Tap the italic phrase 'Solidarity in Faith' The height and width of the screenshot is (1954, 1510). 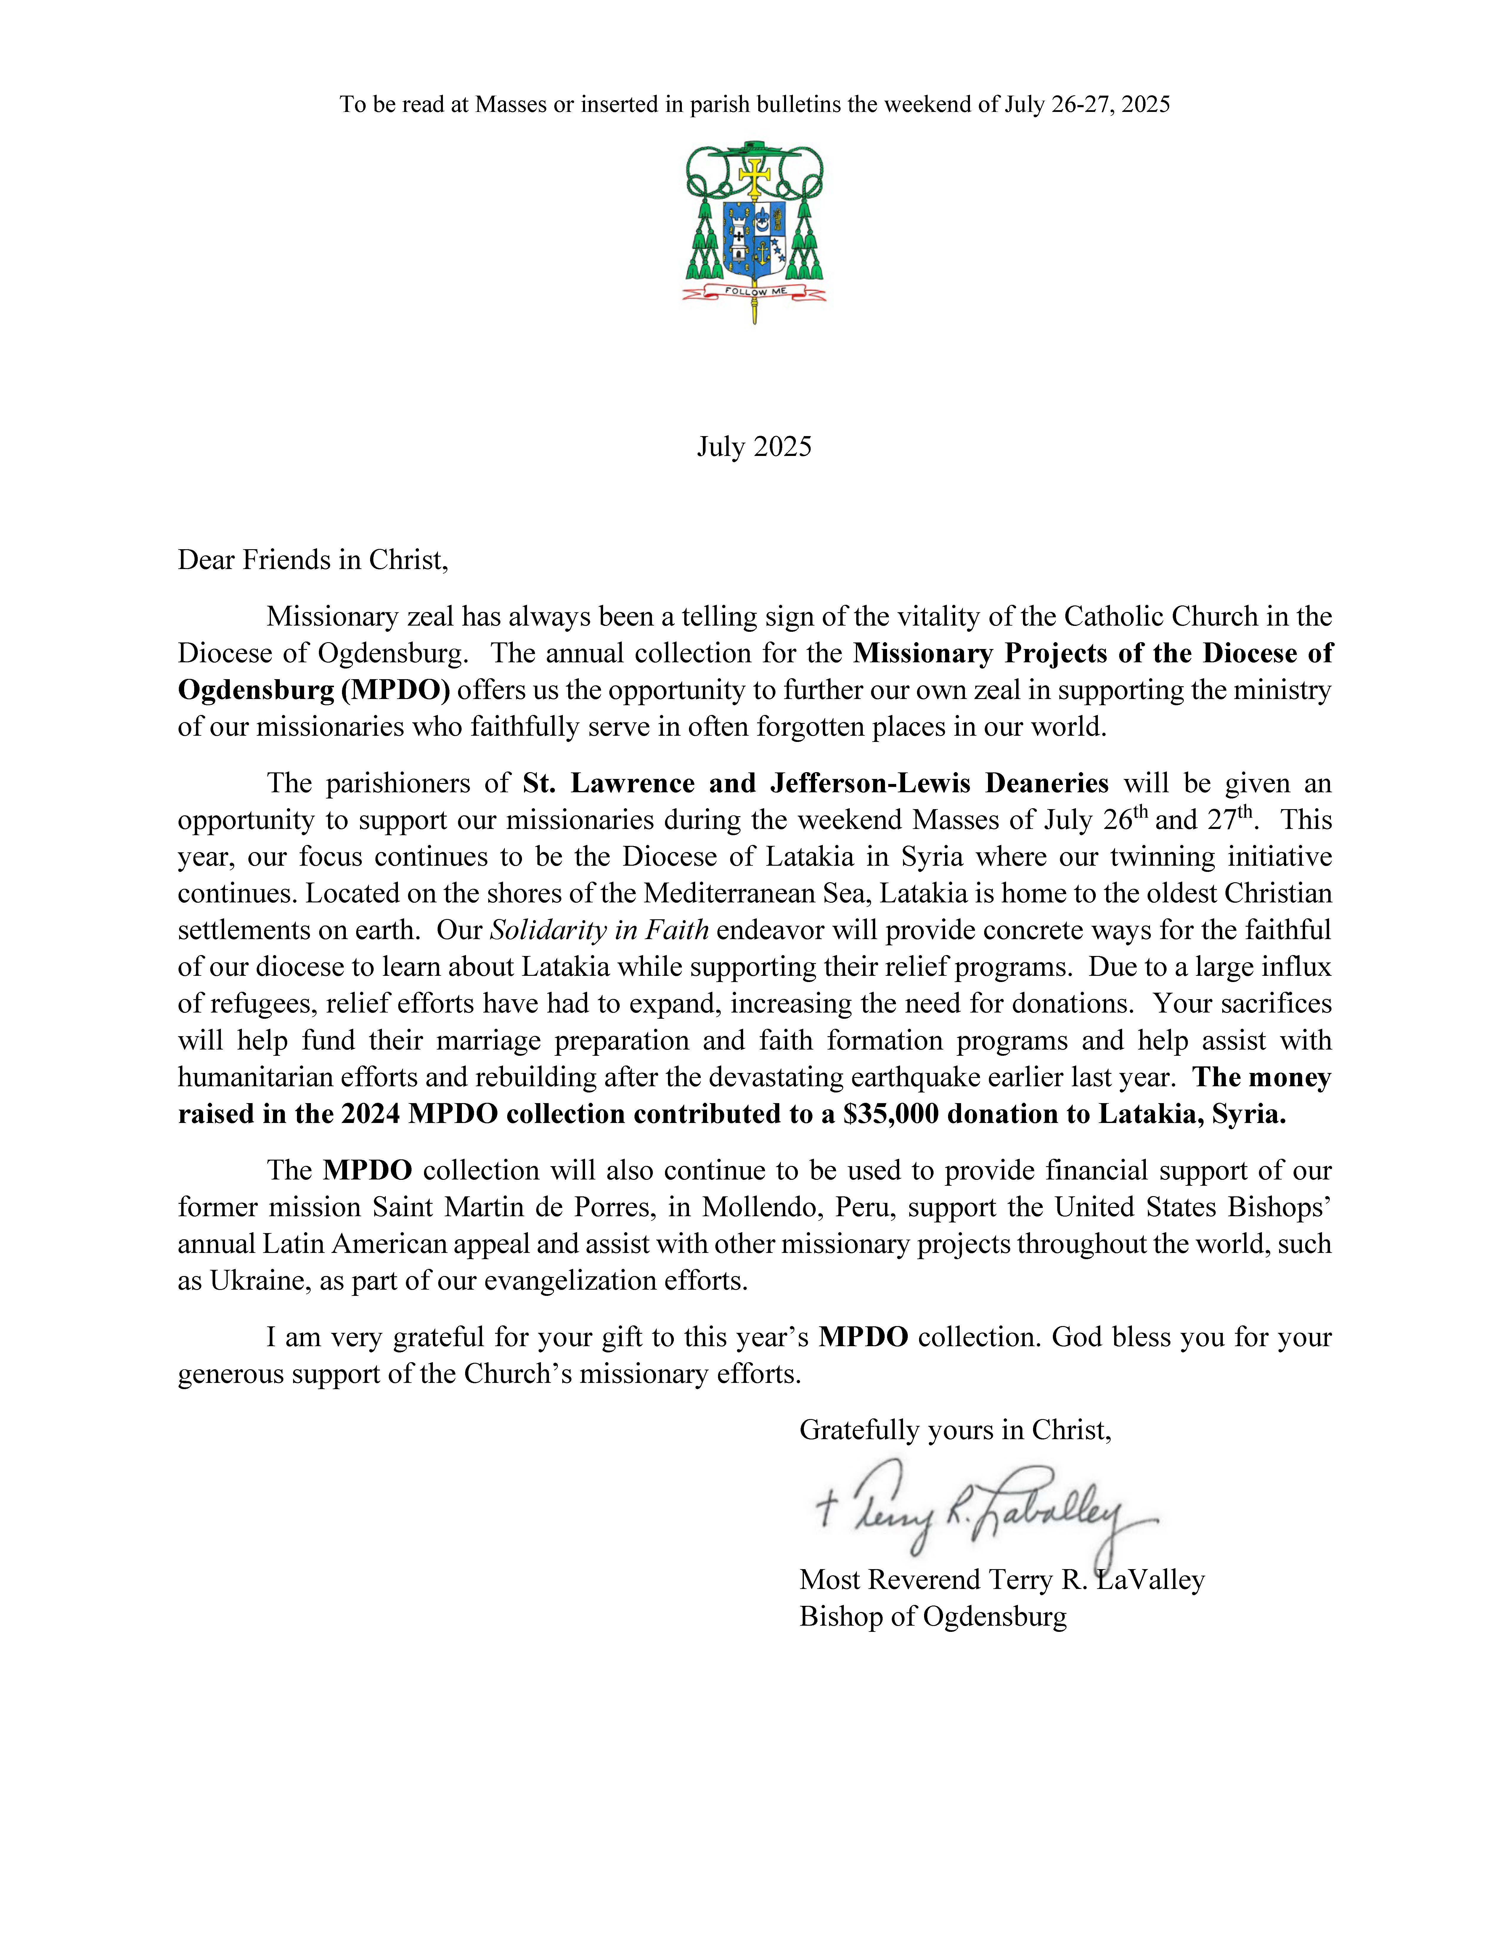598,931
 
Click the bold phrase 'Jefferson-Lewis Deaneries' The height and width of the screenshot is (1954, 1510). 939,784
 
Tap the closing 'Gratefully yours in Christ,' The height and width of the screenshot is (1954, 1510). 955,1430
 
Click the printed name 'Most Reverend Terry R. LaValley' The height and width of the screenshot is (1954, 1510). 1001,1580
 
